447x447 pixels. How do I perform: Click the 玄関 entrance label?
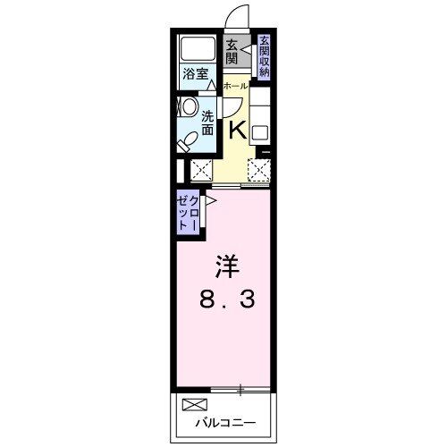tap(232, 53)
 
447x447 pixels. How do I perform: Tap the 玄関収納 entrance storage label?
tap(265, 56)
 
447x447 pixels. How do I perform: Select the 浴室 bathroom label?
tap(195, 75)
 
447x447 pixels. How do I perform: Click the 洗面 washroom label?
tap(207, 122)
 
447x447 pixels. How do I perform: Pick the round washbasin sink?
tap(189, 106)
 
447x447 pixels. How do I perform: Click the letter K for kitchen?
tap(238, 131)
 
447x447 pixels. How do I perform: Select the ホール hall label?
tap(235, 86)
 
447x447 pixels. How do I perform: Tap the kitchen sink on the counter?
tap(259, 133)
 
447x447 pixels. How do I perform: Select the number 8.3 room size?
tap(226, 299)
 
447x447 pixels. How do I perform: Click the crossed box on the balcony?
tap(194, 405)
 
